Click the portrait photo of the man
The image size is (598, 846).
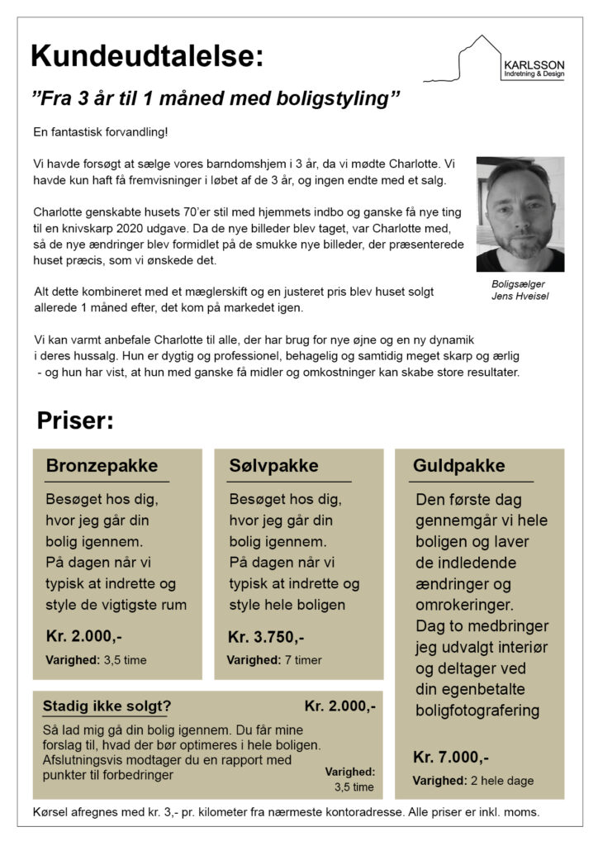520,214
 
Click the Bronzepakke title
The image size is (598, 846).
102,466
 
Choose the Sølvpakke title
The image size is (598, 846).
273,466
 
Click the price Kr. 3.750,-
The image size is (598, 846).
266,637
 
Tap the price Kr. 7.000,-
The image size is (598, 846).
451,757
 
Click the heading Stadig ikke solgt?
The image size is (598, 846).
107,706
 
